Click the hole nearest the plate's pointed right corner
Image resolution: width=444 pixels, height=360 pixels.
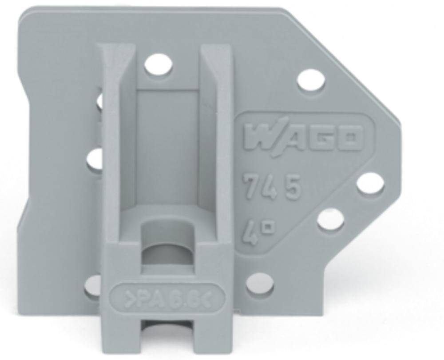click(x=369, y=184)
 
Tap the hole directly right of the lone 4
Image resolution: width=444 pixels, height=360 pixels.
click(x=330, y=220)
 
